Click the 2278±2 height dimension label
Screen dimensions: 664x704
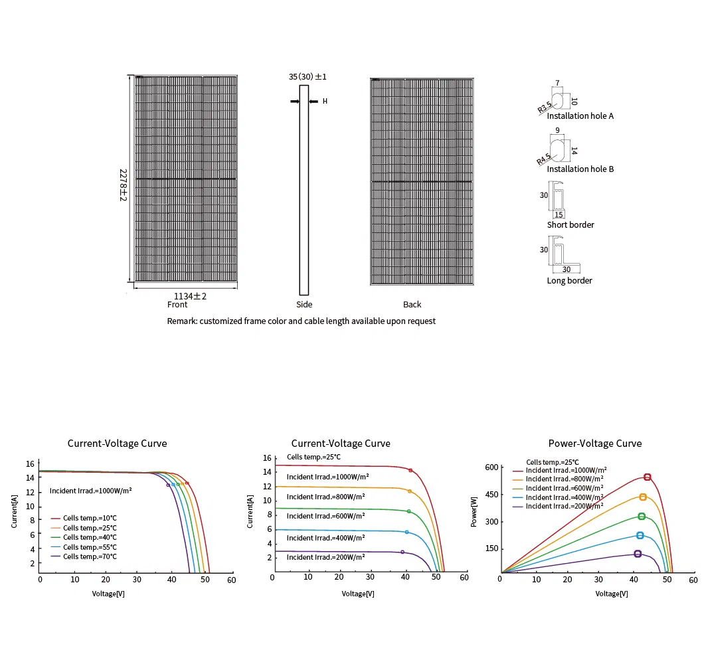pos(123,185)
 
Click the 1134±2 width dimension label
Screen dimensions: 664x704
pos(190,295)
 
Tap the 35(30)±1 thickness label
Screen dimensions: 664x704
pos(308,77)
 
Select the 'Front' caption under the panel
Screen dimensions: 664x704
pos(177,305)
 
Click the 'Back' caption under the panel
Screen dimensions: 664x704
pos(412,305)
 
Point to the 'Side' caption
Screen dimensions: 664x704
pos(304,305)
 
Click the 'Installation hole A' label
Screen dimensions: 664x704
pos(580,116)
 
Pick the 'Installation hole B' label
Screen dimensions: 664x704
pos(580,169)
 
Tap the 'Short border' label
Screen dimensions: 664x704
pos(571,225)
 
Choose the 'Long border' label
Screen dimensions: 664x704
pos(569,281)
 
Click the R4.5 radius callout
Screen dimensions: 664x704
pos(544,159)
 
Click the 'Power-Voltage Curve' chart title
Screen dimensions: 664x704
pos(594,444)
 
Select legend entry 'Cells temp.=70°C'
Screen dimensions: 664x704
pos(90,556)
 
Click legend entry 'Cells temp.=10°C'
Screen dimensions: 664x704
pos(90,518)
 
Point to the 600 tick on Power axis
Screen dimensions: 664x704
pos(491,467)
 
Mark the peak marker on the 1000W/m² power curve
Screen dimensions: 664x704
pos(647,477)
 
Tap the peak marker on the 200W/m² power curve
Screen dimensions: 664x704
pos(638,554)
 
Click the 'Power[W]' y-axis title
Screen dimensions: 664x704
pos(474,512)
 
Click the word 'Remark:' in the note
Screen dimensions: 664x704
pos(183,321)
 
